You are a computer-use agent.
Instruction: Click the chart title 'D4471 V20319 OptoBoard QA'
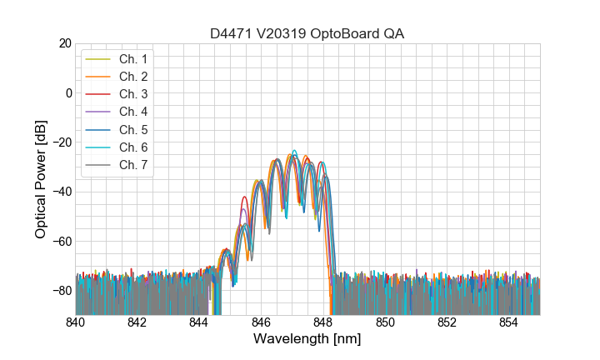coord(307,33)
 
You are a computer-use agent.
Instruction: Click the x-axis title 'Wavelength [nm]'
coord(307,340)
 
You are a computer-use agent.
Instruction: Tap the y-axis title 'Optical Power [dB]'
coord(41,178)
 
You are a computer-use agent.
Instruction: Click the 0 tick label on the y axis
coord(68,92)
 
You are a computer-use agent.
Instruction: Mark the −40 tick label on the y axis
coord(62,191)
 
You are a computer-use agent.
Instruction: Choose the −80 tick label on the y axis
coord(62,290)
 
